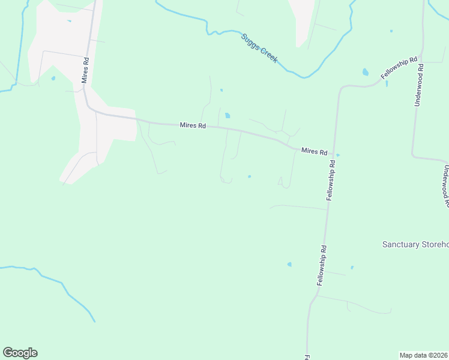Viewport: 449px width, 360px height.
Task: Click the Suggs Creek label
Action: coord(259,49)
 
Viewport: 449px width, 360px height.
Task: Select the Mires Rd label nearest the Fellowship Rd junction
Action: coord(315,151)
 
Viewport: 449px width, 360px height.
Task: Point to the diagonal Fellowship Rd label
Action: coord(399,68)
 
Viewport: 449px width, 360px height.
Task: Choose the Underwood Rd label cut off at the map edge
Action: coord(445,186)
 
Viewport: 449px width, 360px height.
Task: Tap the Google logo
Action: coord(20,353)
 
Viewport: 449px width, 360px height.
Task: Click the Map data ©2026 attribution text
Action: coord(424,355)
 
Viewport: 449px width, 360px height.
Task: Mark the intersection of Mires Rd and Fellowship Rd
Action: coord(331,154)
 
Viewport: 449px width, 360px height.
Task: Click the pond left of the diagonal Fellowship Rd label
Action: coord(365,73)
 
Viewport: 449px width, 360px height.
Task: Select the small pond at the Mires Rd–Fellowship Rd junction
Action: coord(338,155)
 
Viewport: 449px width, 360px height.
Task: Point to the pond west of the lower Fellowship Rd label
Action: coord(289,264)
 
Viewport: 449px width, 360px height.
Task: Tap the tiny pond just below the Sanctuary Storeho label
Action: coord(352,268)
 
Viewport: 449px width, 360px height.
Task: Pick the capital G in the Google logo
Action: coord(8,353)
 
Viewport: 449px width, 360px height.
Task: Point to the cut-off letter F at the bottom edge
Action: coord(306,357)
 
